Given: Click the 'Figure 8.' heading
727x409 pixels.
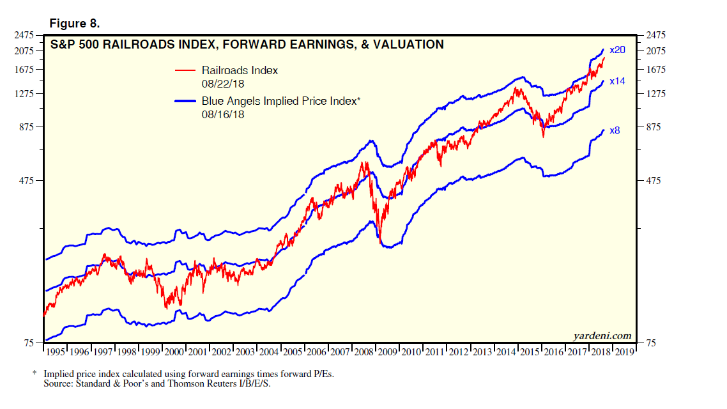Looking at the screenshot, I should [x=75, y=24].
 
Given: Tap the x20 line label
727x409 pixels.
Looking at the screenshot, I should [x=617, y=50].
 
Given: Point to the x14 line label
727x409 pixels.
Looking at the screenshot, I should [x=617, y=81].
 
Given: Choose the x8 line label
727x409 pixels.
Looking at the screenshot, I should [x=615, y=130].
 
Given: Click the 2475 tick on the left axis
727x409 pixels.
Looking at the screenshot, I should [x=25, y=36].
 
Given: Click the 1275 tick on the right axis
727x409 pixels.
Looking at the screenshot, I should [x=659, y=94].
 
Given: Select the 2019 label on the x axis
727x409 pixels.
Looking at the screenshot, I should [x=624, y=352].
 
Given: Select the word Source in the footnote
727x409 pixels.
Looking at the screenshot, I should [x=59, y=383].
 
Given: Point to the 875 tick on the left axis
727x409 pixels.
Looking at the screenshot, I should [x=27, y=127].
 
